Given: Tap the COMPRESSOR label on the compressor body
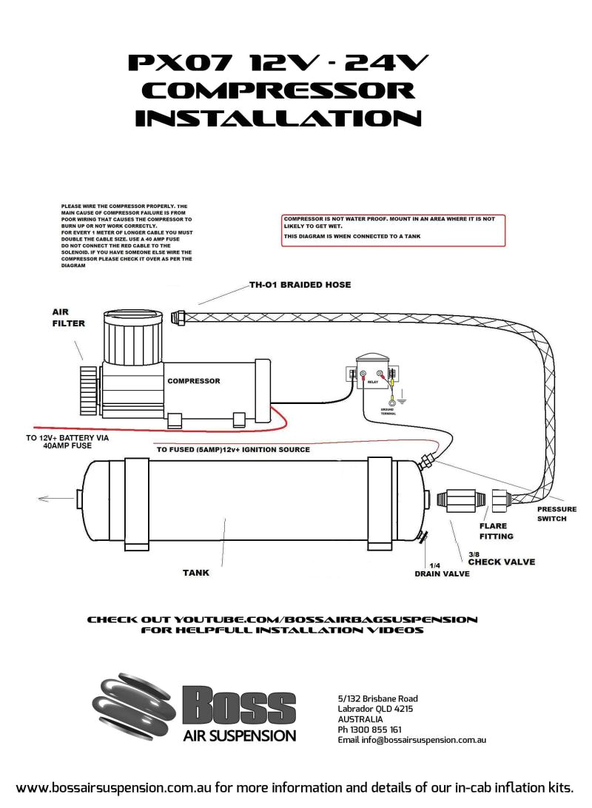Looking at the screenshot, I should point(194,381).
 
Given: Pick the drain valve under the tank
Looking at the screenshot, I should point(423,539).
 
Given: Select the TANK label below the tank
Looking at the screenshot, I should point(196,572).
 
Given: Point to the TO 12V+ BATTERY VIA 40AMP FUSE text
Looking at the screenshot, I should point(67,442).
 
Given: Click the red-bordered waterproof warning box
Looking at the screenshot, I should point(393,230).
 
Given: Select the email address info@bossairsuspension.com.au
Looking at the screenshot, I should point(411,739).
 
